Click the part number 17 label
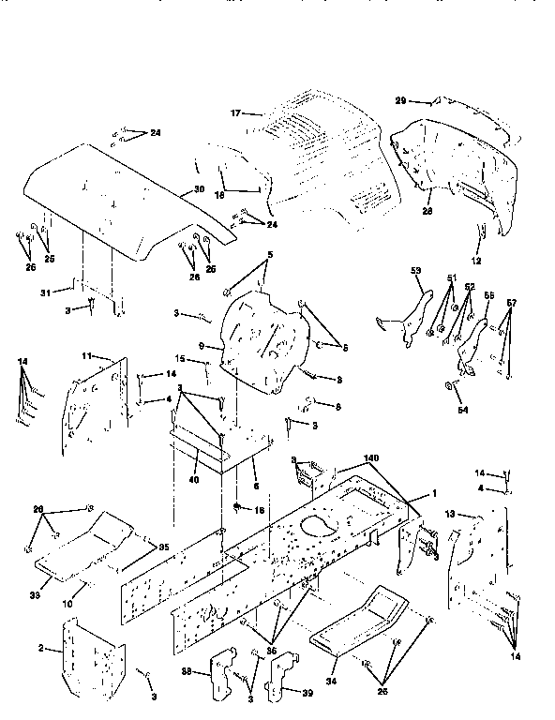pos(235,113)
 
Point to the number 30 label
pos(199,190)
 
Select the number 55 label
pos(487,294)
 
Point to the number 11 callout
pos(84,357)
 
